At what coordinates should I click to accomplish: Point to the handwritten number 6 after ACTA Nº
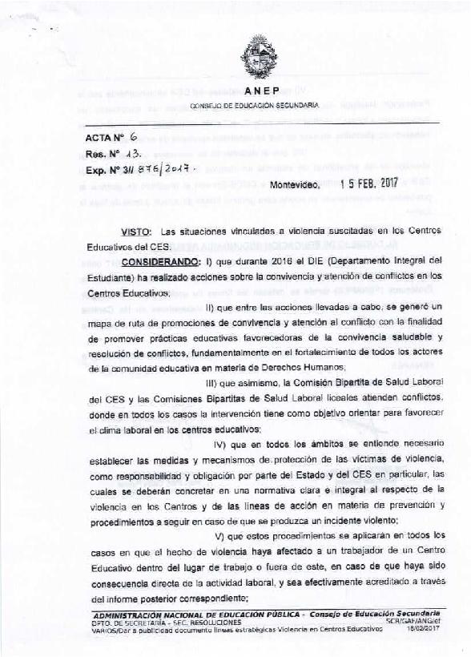coord(134,139)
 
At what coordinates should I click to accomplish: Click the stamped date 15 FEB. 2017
coord(374,183)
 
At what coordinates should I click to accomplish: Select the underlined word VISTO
coord(135,231)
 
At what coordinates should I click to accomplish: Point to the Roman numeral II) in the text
coord(212,308)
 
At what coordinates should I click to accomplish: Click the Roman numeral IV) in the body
coord(223,443)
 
